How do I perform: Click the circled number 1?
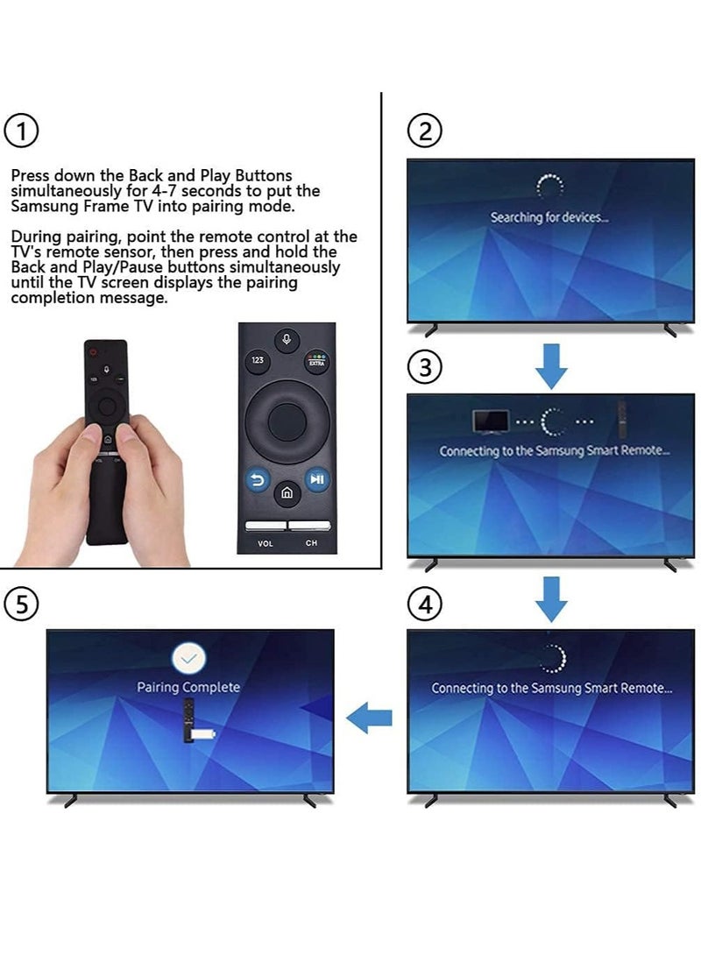pyautogui.click(x=22, y=132)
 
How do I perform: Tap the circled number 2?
pyautogui.click(x=425, y=131)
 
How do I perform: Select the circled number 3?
pyautogui.click(x=425, y=368)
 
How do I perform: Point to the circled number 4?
pyautogui.click(x=425, y=605)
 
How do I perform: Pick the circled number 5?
pyautogui.click(x=22, y=605)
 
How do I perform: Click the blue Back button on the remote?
pyautogui.click(x=258, y=479)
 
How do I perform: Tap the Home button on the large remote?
pyautogui.click(x=287, y=494)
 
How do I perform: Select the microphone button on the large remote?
pyautogui.click(x=287, y=340)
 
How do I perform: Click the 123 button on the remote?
pyautogui.click(x=258, y=360)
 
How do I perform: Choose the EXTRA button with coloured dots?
pyautogui.click(x=315, y=360)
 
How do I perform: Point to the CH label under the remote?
pyautogui.click(x=311, y=544)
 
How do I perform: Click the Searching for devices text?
pyautogui.click(x=549, y=217)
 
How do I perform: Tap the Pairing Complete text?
pyautogui.click(x=188, y=688)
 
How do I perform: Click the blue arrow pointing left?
pyautogui.click(x=369, y=719)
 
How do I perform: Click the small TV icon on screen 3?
pyautogui.click(x=492, y=421)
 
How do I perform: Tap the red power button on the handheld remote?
pyautogui.click(x=89, y=350)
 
